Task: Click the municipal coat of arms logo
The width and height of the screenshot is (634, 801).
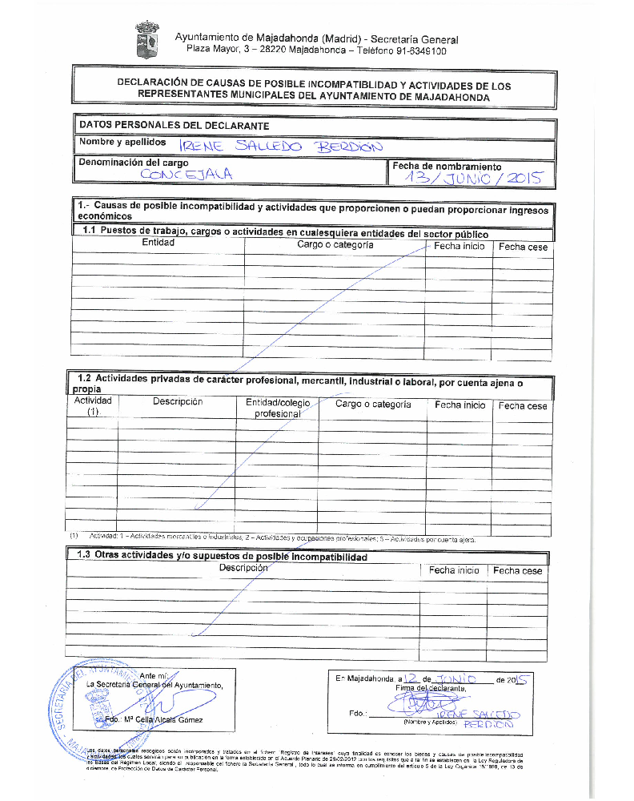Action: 147,40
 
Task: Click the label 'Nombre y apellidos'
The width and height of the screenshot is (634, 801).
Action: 122,142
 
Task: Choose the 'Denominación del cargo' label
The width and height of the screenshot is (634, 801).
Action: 134,163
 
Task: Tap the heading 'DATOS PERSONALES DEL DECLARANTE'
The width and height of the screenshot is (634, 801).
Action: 174,125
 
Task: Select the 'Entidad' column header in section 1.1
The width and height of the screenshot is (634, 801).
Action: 158,243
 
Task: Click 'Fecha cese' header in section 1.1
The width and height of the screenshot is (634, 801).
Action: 523,247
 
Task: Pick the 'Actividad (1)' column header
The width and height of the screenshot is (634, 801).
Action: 93,406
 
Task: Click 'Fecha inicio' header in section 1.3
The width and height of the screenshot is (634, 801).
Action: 454,570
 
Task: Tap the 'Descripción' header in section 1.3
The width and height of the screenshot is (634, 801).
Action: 243,567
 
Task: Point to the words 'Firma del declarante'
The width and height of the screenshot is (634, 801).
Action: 431,688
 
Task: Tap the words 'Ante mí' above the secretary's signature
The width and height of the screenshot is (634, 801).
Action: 154,675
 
